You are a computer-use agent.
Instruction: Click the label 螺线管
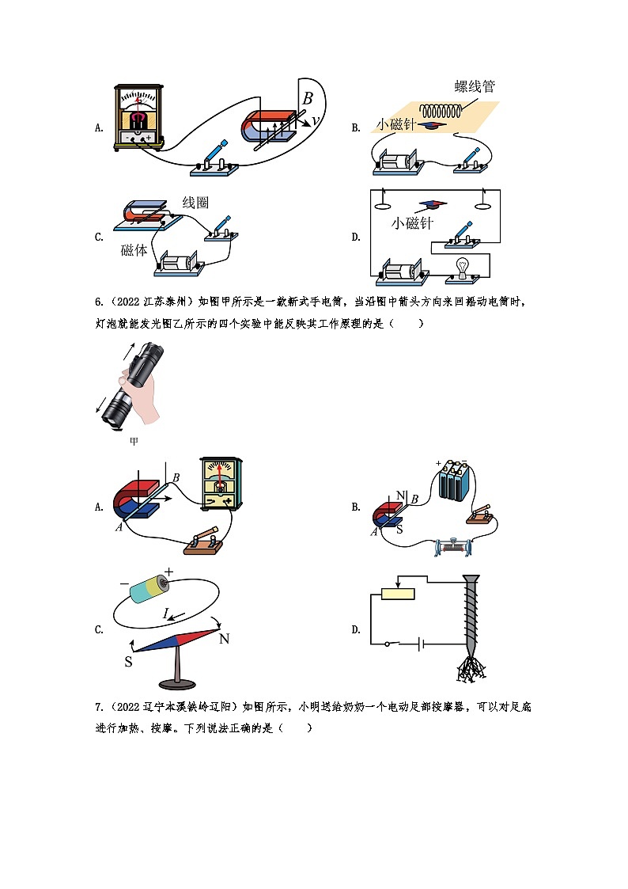(475, 87)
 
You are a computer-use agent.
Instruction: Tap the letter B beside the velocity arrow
(308, 99)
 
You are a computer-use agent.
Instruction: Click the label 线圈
(195, 203)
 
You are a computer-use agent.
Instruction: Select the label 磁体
(134, 250)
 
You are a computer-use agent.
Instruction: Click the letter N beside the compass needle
(224, 638)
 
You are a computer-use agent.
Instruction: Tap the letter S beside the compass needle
(127, 661)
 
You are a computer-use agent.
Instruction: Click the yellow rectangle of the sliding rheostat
(398, 595)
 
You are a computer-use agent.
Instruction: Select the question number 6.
(98, 302)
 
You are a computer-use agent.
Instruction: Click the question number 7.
(97, 707)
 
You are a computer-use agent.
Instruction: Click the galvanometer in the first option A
(138, 117)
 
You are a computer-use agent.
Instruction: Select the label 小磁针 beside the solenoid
(397, 124)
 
